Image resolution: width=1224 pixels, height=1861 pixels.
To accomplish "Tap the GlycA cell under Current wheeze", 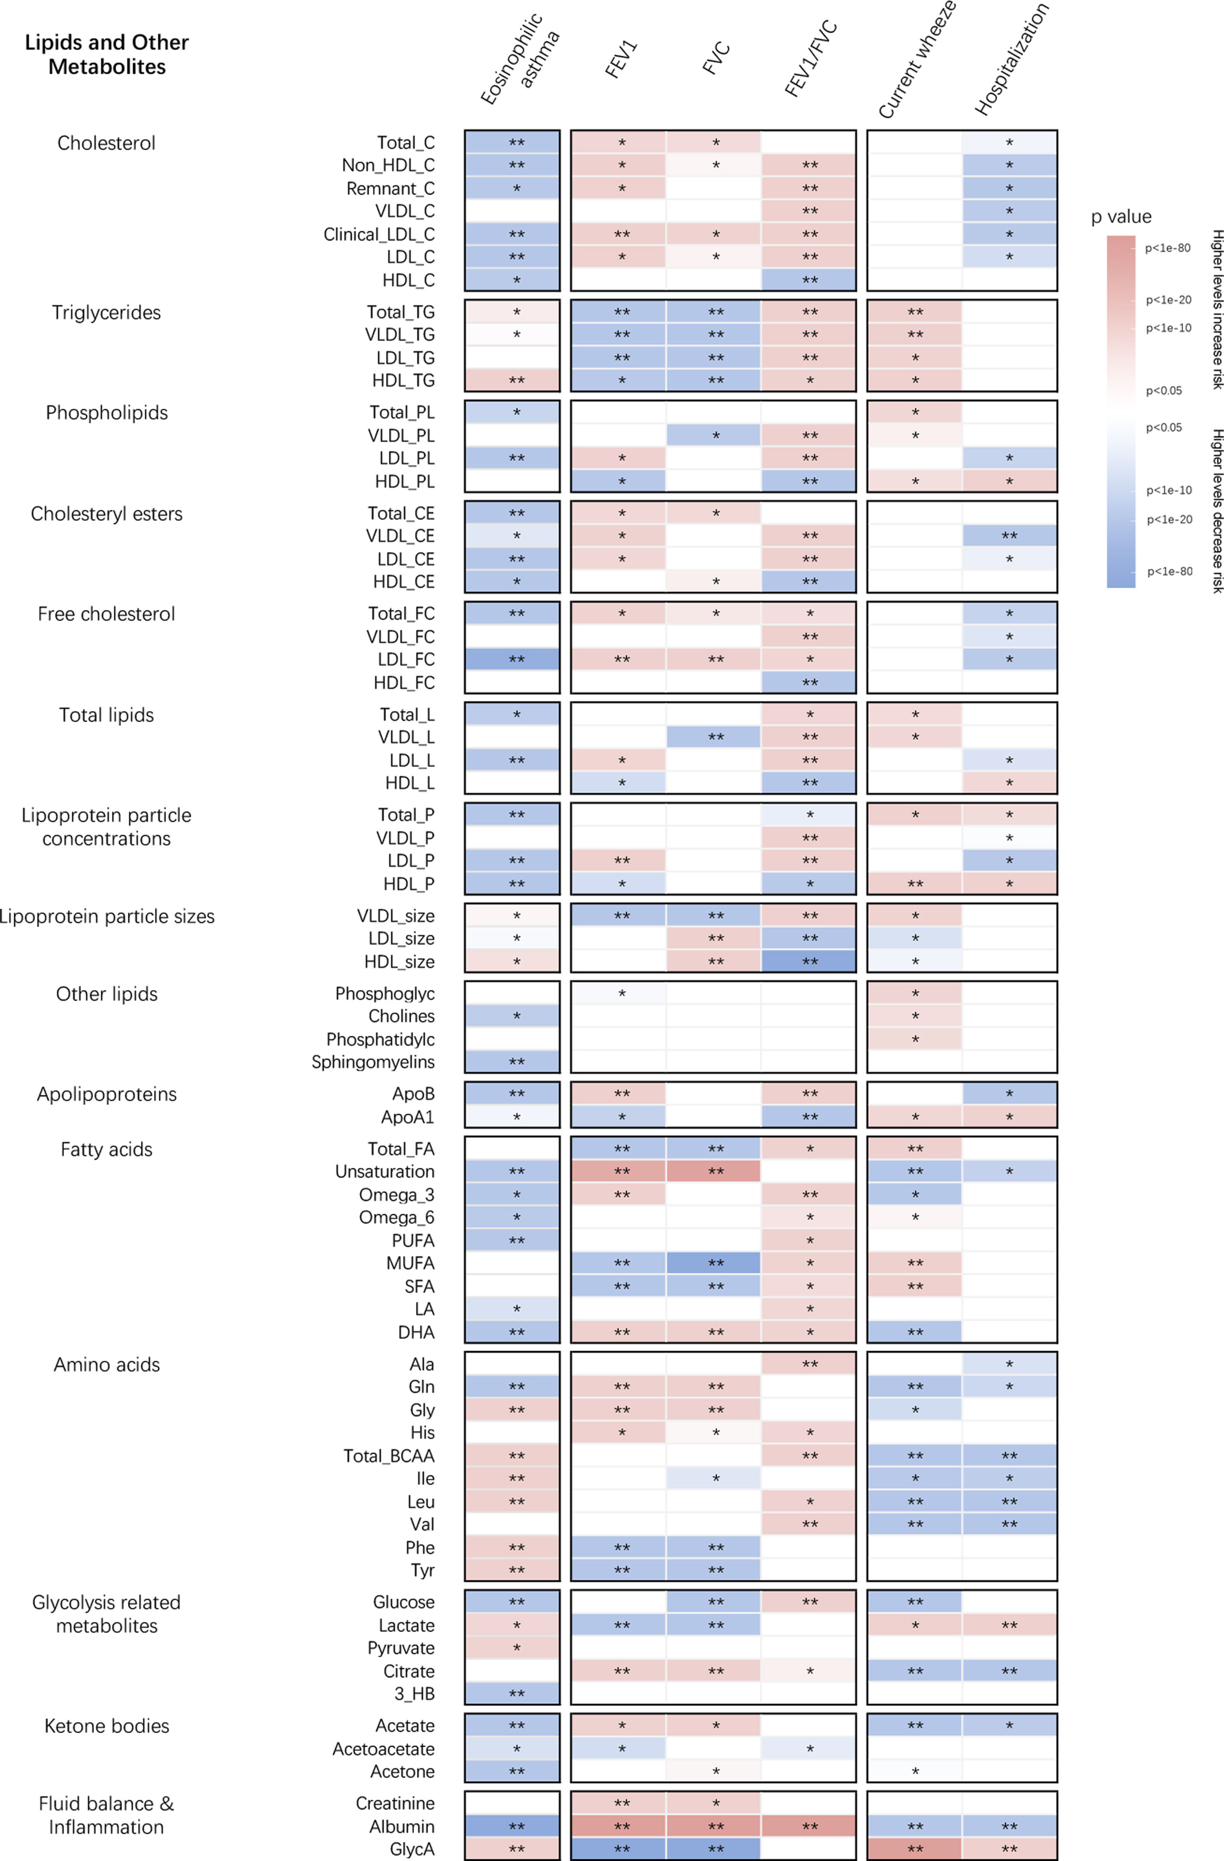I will [x=914, y=1849].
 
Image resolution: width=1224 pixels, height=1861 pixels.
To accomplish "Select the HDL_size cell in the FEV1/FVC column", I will [x=809, y=961].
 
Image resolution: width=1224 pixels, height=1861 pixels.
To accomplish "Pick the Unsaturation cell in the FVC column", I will [x=714, y=1171].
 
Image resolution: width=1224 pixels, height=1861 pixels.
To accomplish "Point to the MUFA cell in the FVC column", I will [x=714, y=1263].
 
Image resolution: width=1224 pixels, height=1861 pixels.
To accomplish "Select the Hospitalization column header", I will [x=1012, y=59].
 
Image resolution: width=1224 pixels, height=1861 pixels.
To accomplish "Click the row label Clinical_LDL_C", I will [x=379, y=234].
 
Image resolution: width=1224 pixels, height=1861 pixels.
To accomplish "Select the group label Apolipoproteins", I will [x=106, y=1094].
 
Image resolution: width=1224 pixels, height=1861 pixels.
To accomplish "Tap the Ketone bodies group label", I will [x=106, y=1726].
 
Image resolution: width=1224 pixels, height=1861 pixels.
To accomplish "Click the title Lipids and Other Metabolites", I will [x=106, y=54].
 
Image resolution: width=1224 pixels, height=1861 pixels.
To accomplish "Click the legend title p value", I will [x=1121, y=216].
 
